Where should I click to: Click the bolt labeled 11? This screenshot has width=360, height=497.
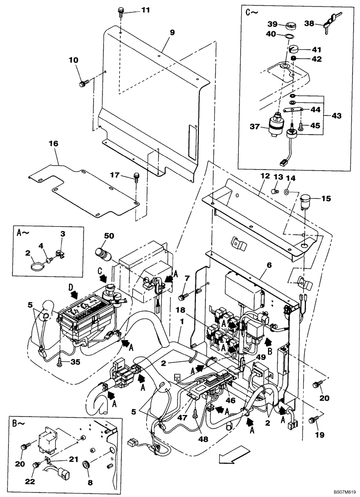(x=121, y=12)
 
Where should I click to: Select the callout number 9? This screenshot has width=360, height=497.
(x=172, y=32)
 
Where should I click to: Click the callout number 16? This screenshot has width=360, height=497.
(x=53, y=144)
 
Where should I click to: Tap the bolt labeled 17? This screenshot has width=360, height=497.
(x=135, y=177)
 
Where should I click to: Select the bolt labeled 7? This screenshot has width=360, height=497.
(x=182, y=297)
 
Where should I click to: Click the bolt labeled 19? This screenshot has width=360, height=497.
(x=313, y=421)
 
